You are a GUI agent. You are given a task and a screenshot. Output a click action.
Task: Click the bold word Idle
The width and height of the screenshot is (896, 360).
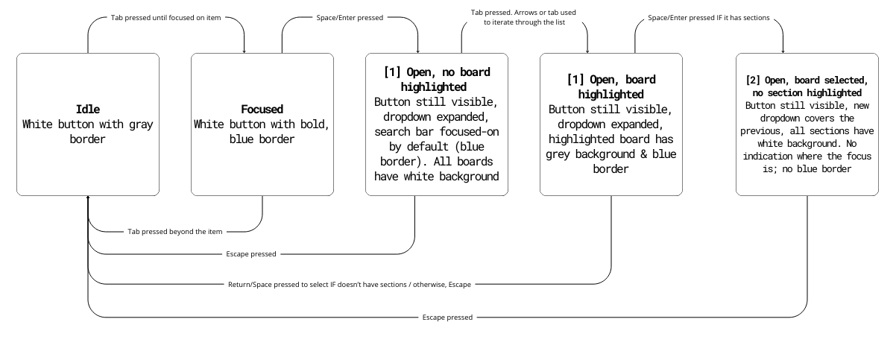(x=87, y=109)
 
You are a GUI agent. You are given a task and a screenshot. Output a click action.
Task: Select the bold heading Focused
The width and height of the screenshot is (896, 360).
(x=262, y=109)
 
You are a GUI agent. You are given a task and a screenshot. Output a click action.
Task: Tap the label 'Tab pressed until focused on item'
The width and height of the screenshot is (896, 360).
(x=166, y=16)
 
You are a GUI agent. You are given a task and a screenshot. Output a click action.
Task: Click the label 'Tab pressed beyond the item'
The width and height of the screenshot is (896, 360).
(x=174, y=232)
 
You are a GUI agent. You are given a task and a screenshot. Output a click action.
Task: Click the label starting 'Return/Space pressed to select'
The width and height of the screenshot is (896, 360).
(x=350, y=284)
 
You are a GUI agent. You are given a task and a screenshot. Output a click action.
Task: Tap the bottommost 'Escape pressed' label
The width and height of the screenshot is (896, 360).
(x=446, y=318)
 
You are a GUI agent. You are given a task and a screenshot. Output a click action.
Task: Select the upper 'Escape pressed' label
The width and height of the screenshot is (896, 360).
(x=251, y=254)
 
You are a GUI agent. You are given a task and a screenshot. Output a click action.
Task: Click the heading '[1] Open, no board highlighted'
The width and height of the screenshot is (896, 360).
(x=436, y=80)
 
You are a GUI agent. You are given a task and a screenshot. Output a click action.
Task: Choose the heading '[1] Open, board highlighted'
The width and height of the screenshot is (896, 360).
(x=611, y=87)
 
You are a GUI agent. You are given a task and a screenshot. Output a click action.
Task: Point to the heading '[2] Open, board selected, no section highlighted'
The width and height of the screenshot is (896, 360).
(x=807, y=86)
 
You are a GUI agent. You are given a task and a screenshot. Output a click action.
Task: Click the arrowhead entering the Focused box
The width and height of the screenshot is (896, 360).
(x=244, y=50)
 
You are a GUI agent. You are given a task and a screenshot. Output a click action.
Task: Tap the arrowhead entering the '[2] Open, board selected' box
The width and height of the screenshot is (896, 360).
(x=783, y=50)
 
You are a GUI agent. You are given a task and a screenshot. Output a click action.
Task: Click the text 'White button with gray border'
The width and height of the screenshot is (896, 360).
(x=87, y=131)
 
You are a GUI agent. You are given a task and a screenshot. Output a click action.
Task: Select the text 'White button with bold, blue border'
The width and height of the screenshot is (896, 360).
(x=262, y=131)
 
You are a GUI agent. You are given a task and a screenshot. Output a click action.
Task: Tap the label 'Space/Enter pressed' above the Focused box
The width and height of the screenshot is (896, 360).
(x=350, y=16)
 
